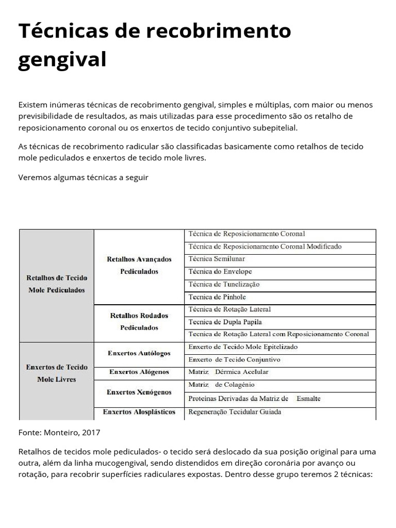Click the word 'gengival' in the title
point(62,59)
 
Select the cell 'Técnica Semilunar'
point(217,259)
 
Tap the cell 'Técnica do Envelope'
point(220,272)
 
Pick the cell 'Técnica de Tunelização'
point(224,284)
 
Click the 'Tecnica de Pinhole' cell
point(217,297)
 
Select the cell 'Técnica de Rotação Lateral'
point(229,309)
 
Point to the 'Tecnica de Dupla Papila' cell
point(225,322)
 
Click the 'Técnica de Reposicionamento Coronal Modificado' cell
point(265,246)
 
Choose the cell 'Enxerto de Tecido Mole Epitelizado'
point(243,347)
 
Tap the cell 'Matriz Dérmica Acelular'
point(228,372)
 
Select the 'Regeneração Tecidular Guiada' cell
point(235,412)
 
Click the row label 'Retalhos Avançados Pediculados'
point(139,265)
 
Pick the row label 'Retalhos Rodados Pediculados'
point(139,321)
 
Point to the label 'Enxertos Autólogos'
point(139,353)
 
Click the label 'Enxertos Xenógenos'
point(139,392)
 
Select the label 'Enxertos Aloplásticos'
point(139,412)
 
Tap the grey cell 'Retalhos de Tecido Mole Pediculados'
point(56,284)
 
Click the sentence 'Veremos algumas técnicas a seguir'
point(83,177)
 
